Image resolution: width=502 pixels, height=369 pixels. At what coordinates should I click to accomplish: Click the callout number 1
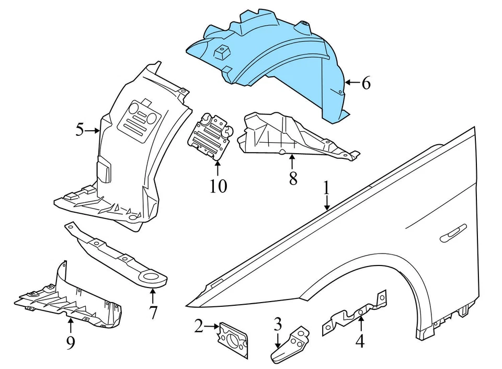point(326,188)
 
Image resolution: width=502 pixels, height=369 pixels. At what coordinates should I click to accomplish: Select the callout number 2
point(198,327)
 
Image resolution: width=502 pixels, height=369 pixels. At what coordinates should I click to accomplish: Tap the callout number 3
point(278,324)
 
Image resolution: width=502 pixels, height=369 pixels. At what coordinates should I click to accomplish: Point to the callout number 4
point(360,342)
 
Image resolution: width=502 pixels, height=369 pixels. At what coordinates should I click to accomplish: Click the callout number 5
point(79,129)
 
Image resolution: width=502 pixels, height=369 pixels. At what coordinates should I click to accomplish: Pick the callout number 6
point(366,83)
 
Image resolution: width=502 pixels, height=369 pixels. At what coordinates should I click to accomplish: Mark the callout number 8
point(293,178)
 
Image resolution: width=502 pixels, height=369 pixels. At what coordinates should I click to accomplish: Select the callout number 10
point(219,185)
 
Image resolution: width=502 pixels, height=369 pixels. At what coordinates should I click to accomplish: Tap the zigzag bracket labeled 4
point(356,314)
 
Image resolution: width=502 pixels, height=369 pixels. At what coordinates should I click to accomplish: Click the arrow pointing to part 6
point(351,83)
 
